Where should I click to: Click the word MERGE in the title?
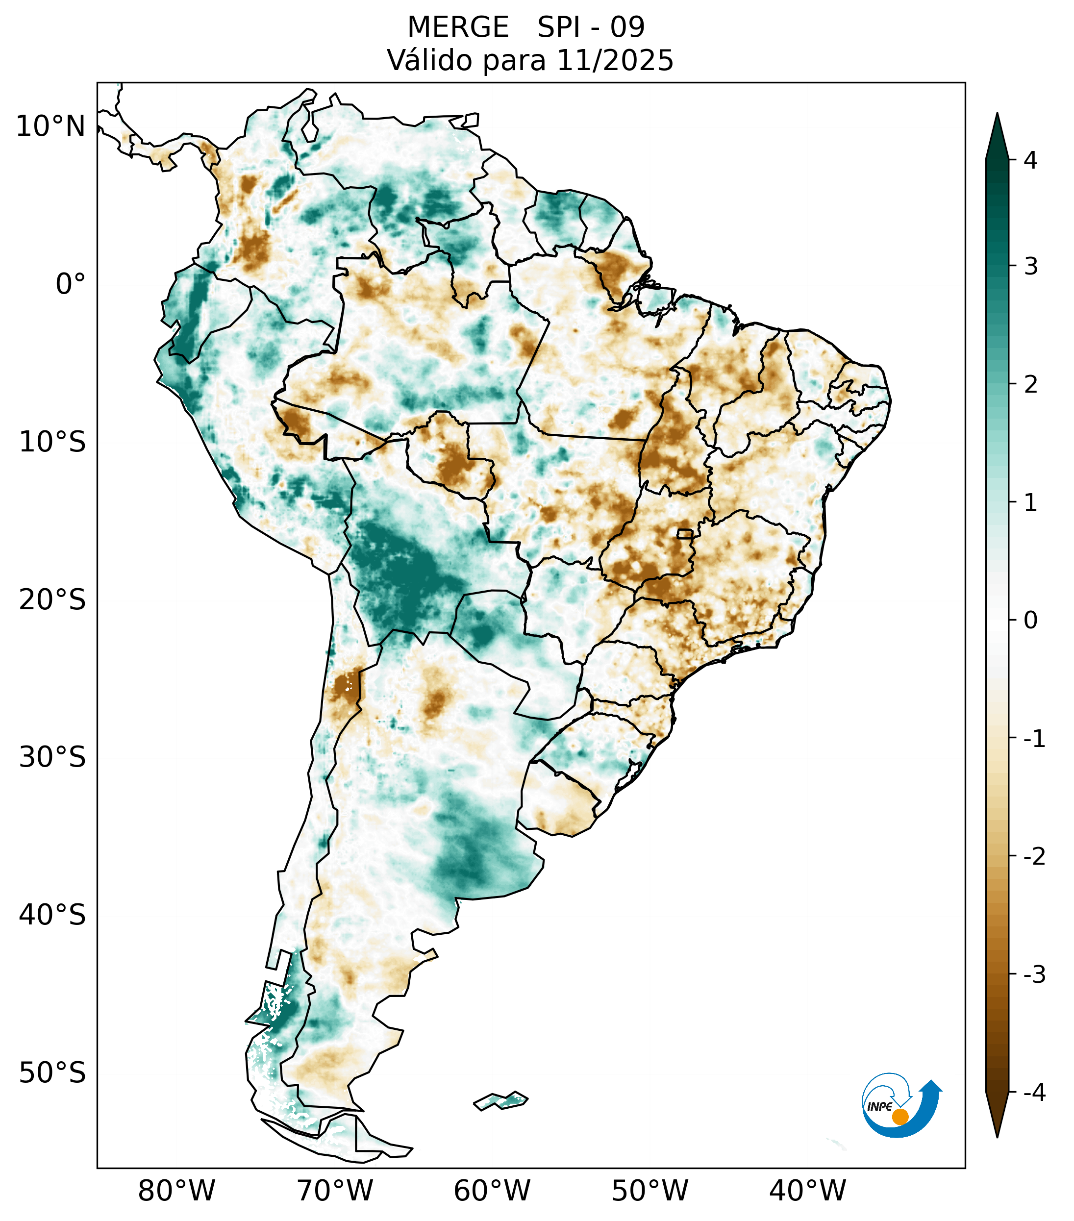[x=458, y=27]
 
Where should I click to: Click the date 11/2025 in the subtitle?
[x=615, y=60]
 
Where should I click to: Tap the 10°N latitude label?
[x=51, y=126]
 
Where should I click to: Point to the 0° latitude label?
[x=71, y=284]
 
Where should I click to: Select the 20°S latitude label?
[x=52, y=600]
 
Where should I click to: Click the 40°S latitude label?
[x=52, y=915]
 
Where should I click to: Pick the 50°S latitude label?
[x=52, y=1073]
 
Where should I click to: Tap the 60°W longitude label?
[x=492, y=1191]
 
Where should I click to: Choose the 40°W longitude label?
[x=808, y=1191]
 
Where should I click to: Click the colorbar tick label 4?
[x=1030, y=160]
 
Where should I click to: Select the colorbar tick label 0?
[x=1030, y=621]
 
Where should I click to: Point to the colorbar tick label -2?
[x=1034, y=856]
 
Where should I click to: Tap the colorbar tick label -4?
[x=1034, y=1093]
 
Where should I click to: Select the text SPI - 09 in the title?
[x=591, y=27]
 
